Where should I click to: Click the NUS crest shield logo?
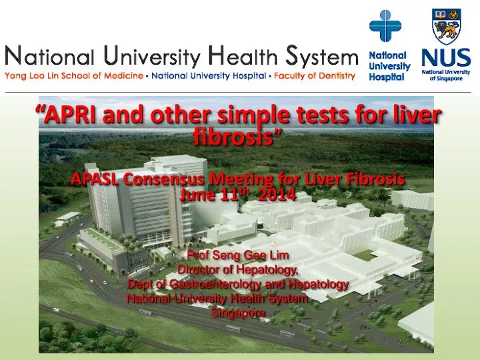pyautogui.click(x=446, y=27)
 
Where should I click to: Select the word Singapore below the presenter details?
pyautogui.click(x=239, y=312)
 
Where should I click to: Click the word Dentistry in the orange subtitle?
pyautogui.click(x=333, y=76)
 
